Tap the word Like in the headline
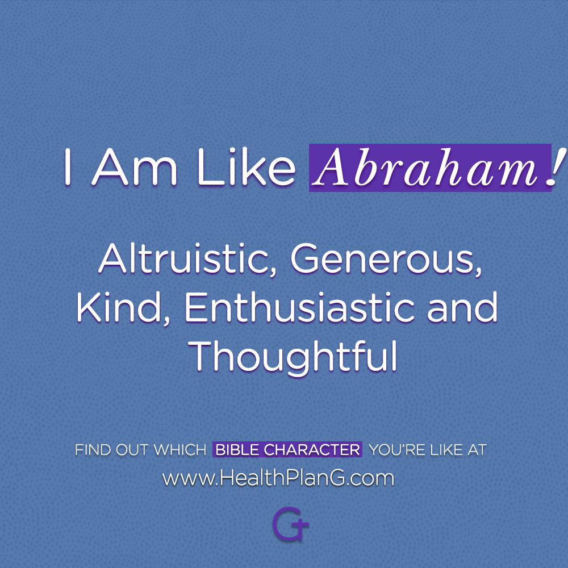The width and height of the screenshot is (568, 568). click(247, 167)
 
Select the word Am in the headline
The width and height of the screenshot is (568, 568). click(135, 167)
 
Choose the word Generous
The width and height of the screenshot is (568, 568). click(386, 258)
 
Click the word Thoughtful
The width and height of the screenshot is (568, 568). click(293, 356)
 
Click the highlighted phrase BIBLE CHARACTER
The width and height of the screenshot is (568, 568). click(287, 449)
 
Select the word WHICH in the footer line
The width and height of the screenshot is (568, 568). click(180, 450)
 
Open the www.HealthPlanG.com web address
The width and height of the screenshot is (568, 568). click(278, 478)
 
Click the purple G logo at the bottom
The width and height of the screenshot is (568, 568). click(290, 524)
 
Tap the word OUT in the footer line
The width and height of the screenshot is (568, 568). click(132, 450)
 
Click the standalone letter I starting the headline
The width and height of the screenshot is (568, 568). click(67, 167)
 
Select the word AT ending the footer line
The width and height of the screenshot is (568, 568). click(477, 450)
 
